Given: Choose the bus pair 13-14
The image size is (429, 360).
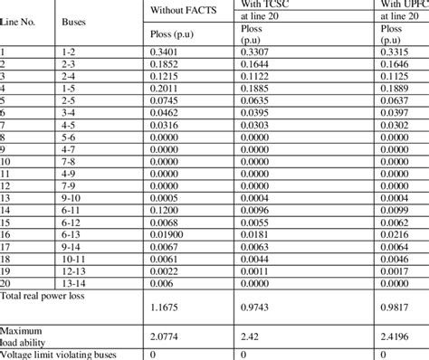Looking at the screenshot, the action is [x=77, y=279].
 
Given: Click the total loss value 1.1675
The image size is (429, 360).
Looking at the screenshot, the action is [x=167, y=308].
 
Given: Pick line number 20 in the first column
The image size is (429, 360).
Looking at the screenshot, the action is [x=8, y=279].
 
